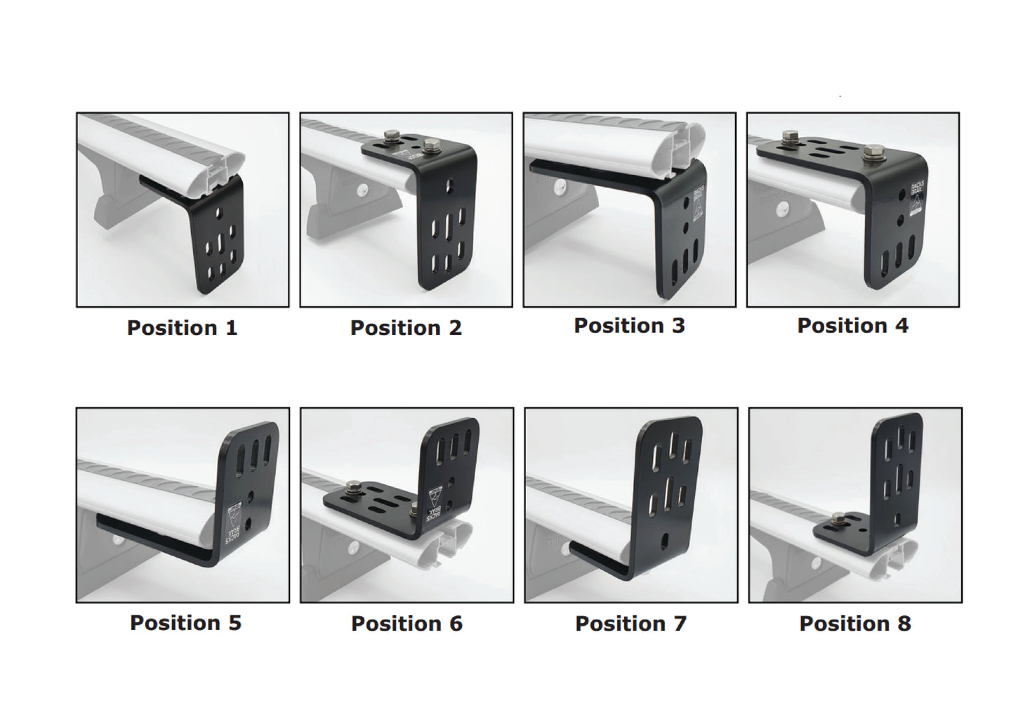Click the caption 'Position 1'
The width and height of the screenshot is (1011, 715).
(x=182, y=328)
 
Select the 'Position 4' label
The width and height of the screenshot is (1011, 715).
(x=852, y=326)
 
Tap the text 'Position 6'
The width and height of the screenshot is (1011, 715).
(x=407, y=624)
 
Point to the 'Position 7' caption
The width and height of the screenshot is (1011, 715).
(x=630, y=624)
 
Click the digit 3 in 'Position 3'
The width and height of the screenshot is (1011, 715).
(x=678, y=326)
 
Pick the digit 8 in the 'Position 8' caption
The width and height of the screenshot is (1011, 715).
(x=903, y=624)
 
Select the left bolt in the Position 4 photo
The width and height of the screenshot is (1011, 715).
(x=791, y=136)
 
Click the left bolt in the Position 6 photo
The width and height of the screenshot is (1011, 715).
(x=352, y=487)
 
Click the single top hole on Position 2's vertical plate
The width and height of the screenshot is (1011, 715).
(x=449, y=187)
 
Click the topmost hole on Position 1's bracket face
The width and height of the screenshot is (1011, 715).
(x=220, y=214)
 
